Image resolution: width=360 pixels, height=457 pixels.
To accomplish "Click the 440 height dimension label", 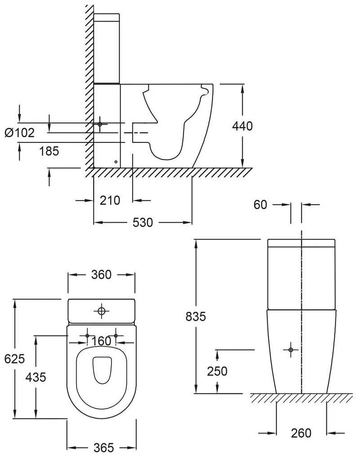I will click(242, 126).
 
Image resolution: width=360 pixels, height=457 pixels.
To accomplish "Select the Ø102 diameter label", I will click(19, 133).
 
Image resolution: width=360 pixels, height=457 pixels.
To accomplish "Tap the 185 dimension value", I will click(49, 151).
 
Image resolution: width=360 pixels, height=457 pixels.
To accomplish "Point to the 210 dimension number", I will click(110, 200).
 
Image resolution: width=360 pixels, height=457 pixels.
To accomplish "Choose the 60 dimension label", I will click(260, 205).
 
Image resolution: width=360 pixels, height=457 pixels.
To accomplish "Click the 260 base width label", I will click(301, 433).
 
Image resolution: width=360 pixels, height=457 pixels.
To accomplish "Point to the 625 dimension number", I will click(12, 359).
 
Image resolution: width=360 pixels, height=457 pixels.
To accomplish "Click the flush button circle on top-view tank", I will click(102, 310).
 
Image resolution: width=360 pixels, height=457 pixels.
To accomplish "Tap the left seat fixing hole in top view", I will click(87, 336).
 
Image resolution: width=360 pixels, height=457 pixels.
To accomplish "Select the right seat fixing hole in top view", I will click(116, 336).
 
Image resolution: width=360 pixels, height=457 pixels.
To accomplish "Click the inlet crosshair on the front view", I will click(291, 349).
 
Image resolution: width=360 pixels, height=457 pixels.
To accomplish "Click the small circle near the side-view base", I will click(116, 162).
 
